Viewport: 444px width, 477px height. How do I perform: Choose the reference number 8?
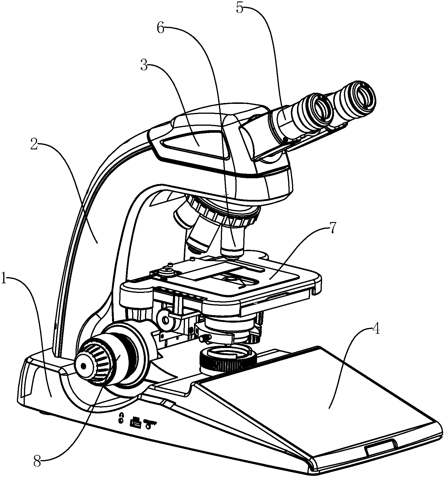pos(37,461)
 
